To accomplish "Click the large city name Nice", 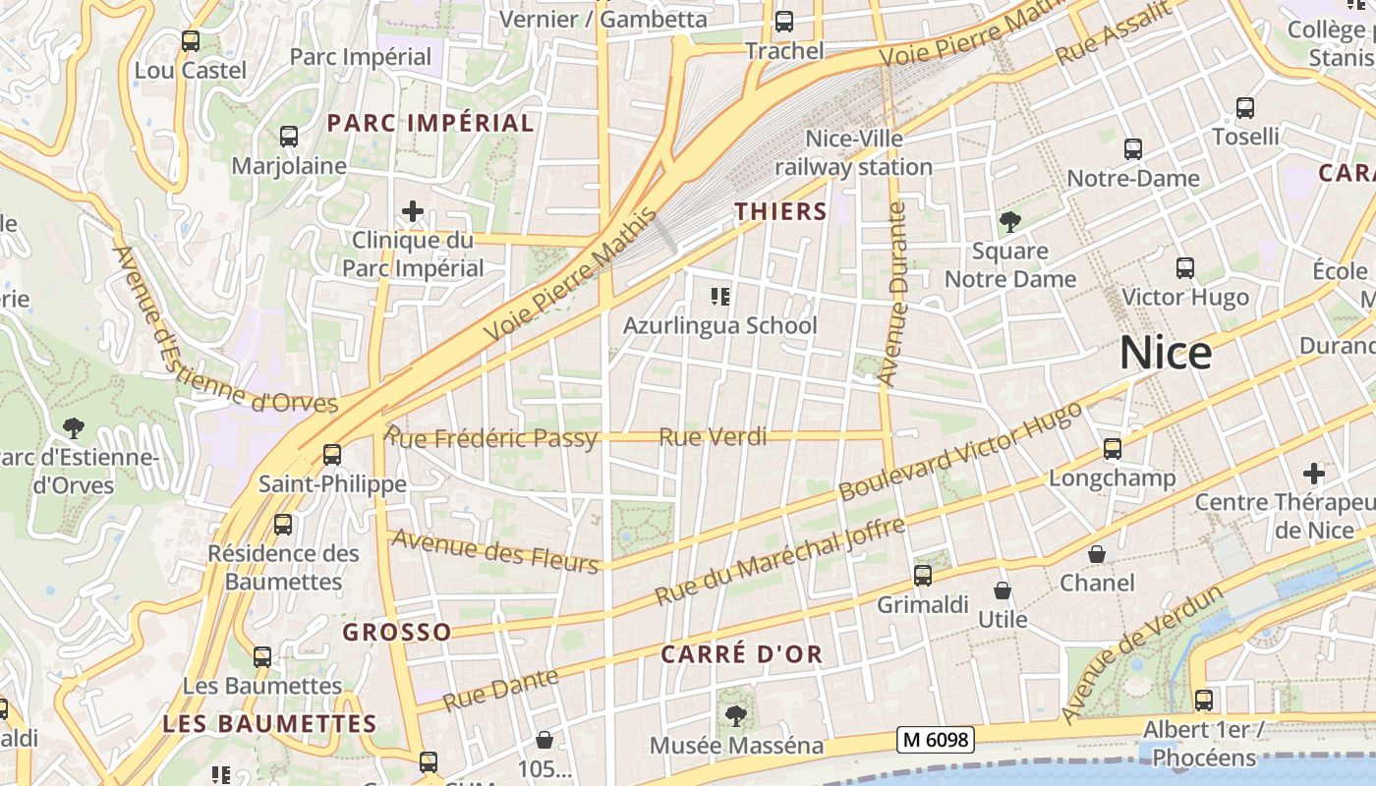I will pos(1166,353).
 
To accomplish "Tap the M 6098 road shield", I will pos(935,740).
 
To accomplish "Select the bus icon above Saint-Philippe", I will pos(332,455).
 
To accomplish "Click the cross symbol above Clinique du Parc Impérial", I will pos(413,211).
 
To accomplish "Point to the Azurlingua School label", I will pos(720,325).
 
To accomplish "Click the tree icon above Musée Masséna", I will pos(735,716).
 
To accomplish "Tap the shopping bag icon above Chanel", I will pos(1097,555).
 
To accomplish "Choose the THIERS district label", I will pos(781,211).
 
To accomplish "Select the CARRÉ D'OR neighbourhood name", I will pos(741,655).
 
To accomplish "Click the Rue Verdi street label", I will pos(713,437).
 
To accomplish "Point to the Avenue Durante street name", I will pos(892,294).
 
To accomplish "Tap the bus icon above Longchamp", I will pos(1113,449).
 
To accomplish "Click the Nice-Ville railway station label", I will pos(853,153).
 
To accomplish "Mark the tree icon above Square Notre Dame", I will pos(1009,222).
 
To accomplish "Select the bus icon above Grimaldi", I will pos(923,576).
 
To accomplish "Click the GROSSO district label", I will pos(397,632).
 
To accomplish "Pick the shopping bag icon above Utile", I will pos(1003,590).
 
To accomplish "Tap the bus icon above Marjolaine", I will pos(289,137).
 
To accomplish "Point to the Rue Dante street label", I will pos(500,689).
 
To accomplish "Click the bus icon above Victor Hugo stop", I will pos(1185,268).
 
